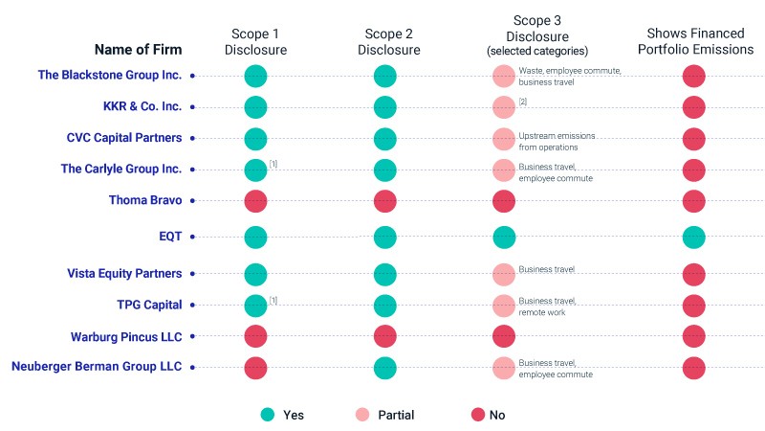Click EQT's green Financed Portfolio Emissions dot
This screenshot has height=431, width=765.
(694, 238)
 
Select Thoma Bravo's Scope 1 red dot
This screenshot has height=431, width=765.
(255, 201)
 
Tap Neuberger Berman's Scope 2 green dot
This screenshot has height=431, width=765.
(385, 368)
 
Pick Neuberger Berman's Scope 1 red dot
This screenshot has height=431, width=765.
(255, 368)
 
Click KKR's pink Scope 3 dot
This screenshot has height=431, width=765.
(504, 107)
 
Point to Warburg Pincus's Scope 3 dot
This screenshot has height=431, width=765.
(504, 336)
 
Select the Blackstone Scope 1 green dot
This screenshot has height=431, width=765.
(255, 77)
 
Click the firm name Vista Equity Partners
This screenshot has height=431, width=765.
(124, 273)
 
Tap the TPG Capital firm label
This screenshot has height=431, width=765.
(149, 305)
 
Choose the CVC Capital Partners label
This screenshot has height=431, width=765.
(124, 138)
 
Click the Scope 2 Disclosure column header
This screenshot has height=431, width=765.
(389, 42)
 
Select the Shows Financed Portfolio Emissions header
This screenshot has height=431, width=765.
(696, 41)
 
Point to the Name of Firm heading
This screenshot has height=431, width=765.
(138, 50)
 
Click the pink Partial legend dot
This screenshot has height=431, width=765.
(362, 415)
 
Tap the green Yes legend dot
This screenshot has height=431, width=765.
(268, 415)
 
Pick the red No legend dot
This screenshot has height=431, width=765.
(478, 415)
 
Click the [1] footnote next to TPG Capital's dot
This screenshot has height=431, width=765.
(273, 301)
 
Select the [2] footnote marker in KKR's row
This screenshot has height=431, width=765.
(523, 102)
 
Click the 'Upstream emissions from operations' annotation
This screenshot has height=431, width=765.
(557, 141)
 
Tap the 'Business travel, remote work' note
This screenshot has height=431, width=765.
(547, 306)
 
